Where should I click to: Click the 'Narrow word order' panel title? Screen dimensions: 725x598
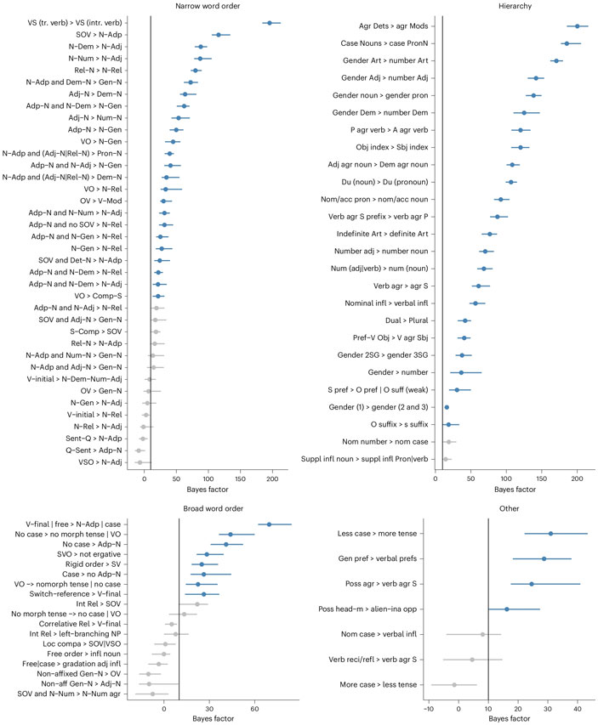coord(209,8)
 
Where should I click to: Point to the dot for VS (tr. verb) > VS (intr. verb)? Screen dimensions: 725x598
coord(269,23)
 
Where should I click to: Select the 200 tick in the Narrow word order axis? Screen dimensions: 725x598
coord(272,477)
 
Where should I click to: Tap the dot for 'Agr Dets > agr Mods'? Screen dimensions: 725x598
coord(577,26)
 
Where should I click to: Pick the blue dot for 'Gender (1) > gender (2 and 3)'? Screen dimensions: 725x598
coord(447,407)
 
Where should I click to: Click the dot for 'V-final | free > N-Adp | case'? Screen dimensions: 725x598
coord(270,524)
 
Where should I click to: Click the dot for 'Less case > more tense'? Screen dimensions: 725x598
coord(551,534)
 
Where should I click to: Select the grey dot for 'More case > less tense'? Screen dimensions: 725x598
coord(454,660)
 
